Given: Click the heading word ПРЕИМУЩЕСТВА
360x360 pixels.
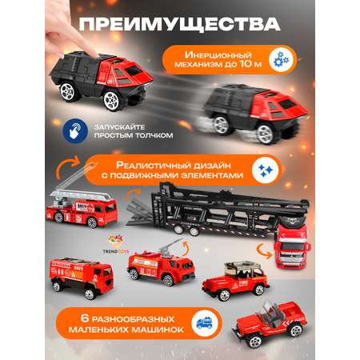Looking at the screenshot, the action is click(x=180, y=25).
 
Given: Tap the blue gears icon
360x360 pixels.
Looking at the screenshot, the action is click(x=281, y=60).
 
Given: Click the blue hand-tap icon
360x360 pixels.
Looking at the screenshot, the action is click(x=75, y=131).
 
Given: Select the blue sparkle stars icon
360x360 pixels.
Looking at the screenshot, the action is click(x=266, y=170).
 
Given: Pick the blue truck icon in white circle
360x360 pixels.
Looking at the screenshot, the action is click(x=205, y=323).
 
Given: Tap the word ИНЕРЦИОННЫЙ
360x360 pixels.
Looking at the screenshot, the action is click(x=218, y=55).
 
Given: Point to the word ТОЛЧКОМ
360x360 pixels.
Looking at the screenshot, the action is click(x=154, y=135).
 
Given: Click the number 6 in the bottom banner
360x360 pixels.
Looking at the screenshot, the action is click(x=84, y=318).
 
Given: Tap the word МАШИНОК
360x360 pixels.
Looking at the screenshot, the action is click(x=158, y=330).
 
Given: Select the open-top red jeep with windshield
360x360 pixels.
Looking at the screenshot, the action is click(x=270, y=323).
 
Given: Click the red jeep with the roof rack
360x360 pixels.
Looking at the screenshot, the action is click(x=236, y=281).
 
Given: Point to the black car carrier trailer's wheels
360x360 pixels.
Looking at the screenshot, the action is click(x=186, y=230).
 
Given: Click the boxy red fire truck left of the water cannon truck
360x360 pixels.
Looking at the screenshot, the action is click(x=82, y=278).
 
